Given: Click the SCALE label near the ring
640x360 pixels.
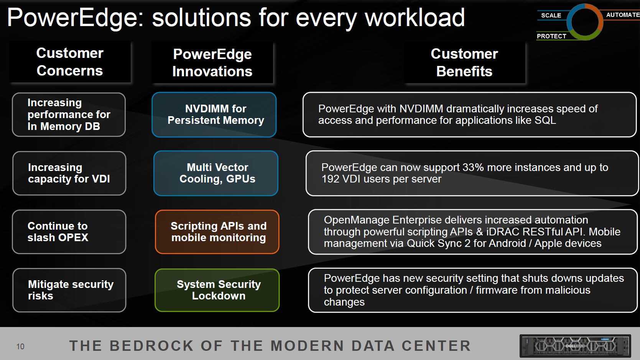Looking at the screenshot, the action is tap(551, 15).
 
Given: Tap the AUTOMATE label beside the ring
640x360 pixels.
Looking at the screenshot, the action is tap(623, 15).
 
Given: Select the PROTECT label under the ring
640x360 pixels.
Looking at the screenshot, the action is tap(551, 36).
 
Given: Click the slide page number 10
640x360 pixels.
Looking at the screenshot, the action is tap(20, 347).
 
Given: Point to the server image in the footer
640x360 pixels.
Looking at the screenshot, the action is tap(575, 346).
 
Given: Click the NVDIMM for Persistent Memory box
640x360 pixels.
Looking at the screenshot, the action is tap(214, 115).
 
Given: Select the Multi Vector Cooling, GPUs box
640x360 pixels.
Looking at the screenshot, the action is tap(216, 173).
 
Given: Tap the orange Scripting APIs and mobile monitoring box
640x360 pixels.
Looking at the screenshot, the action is tap(217, 232).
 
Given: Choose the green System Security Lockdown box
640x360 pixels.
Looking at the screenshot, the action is tap(217, 290).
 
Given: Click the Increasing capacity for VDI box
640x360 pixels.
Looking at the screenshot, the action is tap(69, 173).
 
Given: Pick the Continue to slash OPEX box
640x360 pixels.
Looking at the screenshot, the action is tap(69, 232).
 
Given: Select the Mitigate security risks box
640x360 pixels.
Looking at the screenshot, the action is tap(69, 290).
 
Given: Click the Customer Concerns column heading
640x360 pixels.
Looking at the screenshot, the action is tap(70, 62).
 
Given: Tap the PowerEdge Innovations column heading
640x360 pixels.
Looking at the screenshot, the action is tap(212, 62).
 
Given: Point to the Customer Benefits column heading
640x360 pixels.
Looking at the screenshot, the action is tap(464, 62).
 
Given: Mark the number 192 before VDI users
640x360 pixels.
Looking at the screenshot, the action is tap(330, 179).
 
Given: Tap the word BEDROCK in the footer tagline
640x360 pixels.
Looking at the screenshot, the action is tap(152, 346).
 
